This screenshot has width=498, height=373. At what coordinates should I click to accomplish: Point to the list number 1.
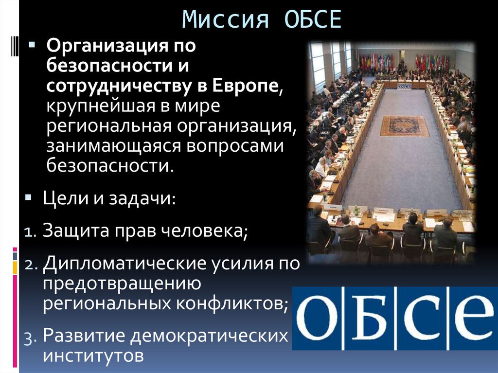pos(28,231)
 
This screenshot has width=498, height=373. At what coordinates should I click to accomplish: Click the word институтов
pos(93,355)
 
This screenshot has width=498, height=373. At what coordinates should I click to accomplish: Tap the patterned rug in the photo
pos(404,125)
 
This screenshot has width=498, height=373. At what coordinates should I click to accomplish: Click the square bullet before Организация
pos(32,44)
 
